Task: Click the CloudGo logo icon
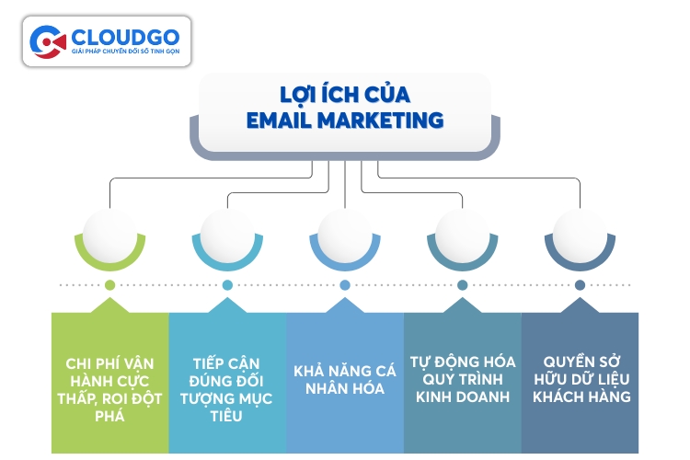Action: coord(48,41)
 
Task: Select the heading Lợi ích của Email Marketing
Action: coord(345,107)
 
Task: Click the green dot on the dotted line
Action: coord(109,285)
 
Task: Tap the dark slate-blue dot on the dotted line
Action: coord(580,285)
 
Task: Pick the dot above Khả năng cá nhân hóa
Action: coord(345,285)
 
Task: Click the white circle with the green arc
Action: coord(109,232)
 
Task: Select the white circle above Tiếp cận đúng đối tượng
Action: coord(227,232)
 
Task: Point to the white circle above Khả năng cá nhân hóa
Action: coord(345,232)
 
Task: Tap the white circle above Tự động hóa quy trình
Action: coord(462,232)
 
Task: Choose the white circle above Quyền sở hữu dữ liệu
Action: coord(580,232)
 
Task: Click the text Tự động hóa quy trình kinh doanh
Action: coord(462,378)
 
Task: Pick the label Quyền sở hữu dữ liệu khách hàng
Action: coord(580,378)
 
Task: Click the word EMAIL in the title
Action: coord(282,119)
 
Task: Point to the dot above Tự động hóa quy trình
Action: coord(462,285)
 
